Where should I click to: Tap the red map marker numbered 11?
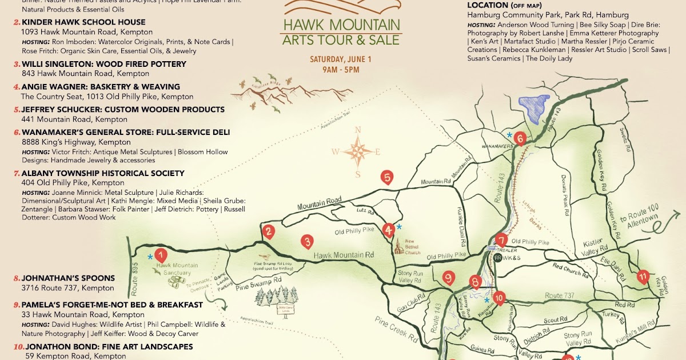click(x=643, y=278)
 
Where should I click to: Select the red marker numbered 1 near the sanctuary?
click(x=161, y=255)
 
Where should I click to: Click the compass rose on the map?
click(x=358, y=151)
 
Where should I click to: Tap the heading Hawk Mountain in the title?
click(x=341, y=25)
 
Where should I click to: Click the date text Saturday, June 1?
click(x=341, y=59)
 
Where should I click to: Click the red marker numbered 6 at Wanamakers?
click(x=519, y=138)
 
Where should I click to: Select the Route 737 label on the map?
click(x=562, y=295)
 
